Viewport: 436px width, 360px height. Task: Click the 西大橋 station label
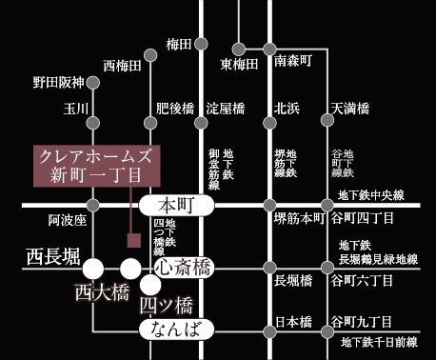[101, 292]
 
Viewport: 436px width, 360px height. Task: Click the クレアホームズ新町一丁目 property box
[94, 165]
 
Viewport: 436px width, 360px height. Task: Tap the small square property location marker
[134, 239]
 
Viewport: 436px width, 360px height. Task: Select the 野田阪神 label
[59, 82]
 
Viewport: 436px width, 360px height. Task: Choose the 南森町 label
[293, 63]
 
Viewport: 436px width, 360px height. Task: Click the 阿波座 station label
[68, 221]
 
